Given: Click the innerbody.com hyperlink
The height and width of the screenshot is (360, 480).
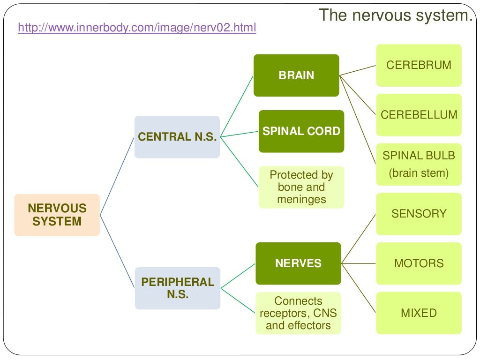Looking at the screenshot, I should (x=137, y=28).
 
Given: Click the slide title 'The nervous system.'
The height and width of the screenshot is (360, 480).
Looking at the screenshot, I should (x=396, y=15).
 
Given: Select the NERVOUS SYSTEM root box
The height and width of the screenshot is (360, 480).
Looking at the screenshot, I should (x=57, y=215).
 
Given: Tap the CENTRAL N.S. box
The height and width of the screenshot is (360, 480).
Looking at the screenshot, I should (x=177, y=137).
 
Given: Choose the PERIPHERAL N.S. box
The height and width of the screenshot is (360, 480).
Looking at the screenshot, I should (x=177, y=288).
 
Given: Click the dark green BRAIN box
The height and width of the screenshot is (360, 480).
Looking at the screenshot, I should (x=296, y=75).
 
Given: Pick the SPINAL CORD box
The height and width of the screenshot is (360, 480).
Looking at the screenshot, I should (x=301, y=131).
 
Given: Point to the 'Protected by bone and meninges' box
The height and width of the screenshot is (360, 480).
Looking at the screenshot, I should (x=301, y=187).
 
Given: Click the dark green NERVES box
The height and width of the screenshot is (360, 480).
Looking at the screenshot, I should (x=298, y=263).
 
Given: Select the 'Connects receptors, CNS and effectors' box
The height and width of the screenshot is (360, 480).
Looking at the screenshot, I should (x=298, y=313).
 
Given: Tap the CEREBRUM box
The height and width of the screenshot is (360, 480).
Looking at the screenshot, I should (x=419, y=65).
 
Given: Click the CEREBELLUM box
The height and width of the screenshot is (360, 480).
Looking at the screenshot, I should (x=419, y=115).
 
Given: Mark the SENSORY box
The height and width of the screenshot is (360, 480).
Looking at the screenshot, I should (x=419, y=214).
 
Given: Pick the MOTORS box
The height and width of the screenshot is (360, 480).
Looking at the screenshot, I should (x=419, y=263).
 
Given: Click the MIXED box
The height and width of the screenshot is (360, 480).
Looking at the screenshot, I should (x=419, y=313).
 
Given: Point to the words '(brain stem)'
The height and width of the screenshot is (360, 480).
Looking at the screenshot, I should (x=419, y=173).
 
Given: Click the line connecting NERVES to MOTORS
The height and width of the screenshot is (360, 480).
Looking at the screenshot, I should (x=359, y=263).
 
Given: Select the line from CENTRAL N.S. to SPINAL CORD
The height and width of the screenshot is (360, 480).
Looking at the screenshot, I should (x=239, y=134).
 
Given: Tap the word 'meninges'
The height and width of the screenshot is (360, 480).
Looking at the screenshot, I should (x=301, y=199).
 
